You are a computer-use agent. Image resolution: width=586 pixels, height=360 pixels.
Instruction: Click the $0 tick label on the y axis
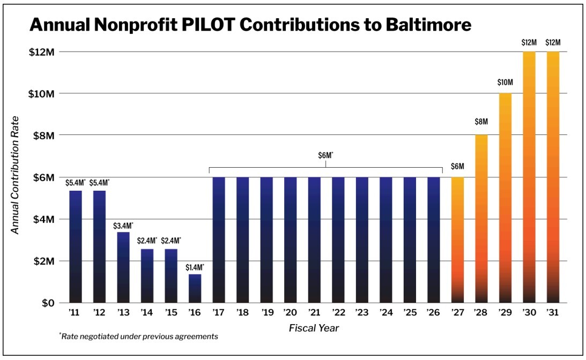(49, 303)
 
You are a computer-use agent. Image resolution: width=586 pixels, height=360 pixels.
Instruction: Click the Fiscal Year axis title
(314, 327)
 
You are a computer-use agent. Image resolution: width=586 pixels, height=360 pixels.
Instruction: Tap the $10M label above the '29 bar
(505, 82)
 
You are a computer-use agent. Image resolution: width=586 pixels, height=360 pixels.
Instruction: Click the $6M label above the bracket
(325, 155)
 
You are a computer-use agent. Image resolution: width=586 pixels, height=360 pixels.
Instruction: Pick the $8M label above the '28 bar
(481, 122)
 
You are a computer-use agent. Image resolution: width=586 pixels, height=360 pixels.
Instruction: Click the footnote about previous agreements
(139, 337)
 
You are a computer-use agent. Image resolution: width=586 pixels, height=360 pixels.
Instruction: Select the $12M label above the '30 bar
(529, 42)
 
